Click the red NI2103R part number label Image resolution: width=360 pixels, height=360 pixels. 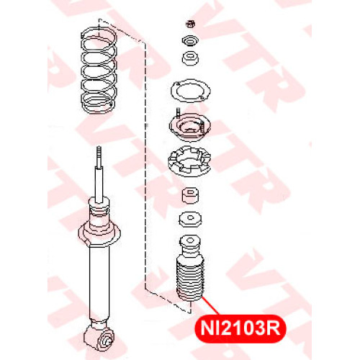pyautogui.click(x=240, y=328)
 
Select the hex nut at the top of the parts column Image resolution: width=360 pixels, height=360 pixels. pyautogui.click(x=191, y=24)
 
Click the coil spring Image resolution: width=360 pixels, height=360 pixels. pyautogui.click(x=99, y=71)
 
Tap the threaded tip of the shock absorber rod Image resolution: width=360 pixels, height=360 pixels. pyautogui.click(x=99, y=156)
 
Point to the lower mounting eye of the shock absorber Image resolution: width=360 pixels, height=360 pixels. pyautogui.click(x=99, y=338)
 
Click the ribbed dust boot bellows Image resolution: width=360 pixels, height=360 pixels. pyautogui.click(x=190, y=280)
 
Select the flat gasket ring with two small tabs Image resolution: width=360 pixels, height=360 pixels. pyautogui.click(x=191, y=91)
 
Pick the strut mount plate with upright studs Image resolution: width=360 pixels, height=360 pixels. pyautogui.click(x=189, y=126)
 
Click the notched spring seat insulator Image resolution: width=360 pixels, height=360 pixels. pyautogui.click(x=189, y=161)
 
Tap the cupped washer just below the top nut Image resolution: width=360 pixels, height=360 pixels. pyautogui.click(x=191, y=41)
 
